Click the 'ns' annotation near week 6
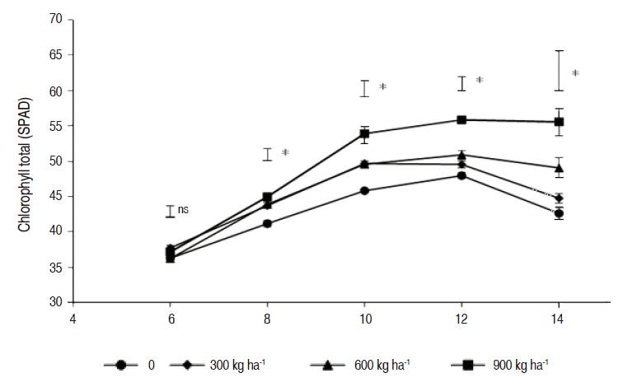[x=183, y=210]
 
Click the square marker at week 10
[x=364, y=133]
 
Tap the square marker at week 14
[x=559, y=122]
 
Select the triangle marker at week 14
[x=559, y=168]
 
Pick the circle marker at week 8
[x=267, y=223]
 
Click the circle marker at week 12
[x=461, y=175]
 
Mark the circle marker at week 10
[x=364, y=190]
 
